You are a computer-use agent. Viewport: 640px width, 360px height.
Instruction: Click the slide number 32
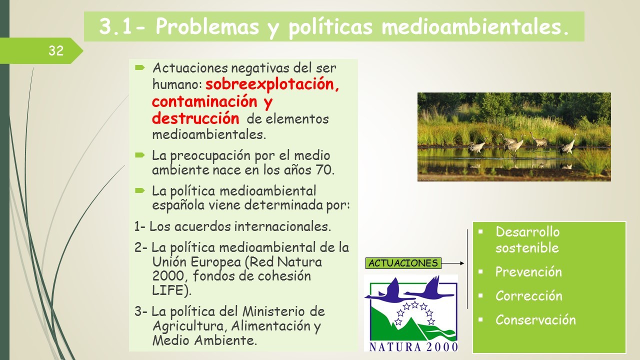tap(56, 51)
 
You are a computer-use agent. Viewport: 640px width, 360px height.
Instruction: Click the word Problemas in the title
tap(207, 26)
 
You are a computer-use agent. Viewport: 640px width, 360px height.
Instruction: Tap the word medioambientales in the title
tap(475, 26)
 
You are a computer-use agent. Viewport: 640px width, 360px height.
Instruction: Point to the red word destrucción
tap(195, 118)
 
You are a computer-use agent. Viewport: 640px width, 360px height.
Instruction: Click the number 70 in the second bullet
tap(324, 169)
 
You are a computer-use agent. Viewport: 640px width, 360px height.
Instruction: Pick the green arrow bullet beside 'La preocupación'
tap(140, 155)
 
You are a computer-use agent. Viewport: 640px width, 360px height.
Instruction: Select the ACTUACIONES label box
tap(403, 263)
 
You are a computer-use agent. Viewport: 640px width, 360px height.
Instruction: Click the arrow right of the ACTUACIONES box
tap(453, 263)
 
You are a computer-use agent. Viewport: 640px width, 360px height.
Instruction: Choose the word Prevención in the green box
tap(528, 271)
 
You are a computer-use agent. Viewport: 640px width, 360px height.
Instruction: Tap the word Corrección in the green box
tap(529, 295)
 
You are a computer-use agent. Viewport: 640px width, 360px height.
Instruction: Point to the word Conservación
tap(535, 319)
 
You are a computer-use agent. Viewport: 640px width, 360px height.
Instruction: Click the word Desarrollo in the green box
tap(527, 231)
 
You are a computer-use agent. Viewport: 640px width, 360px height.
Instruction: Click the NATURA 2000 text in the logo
tap(413, 347)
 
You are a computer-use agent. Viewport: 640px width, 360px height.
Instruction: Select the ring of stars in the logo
tap(415, 313)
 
